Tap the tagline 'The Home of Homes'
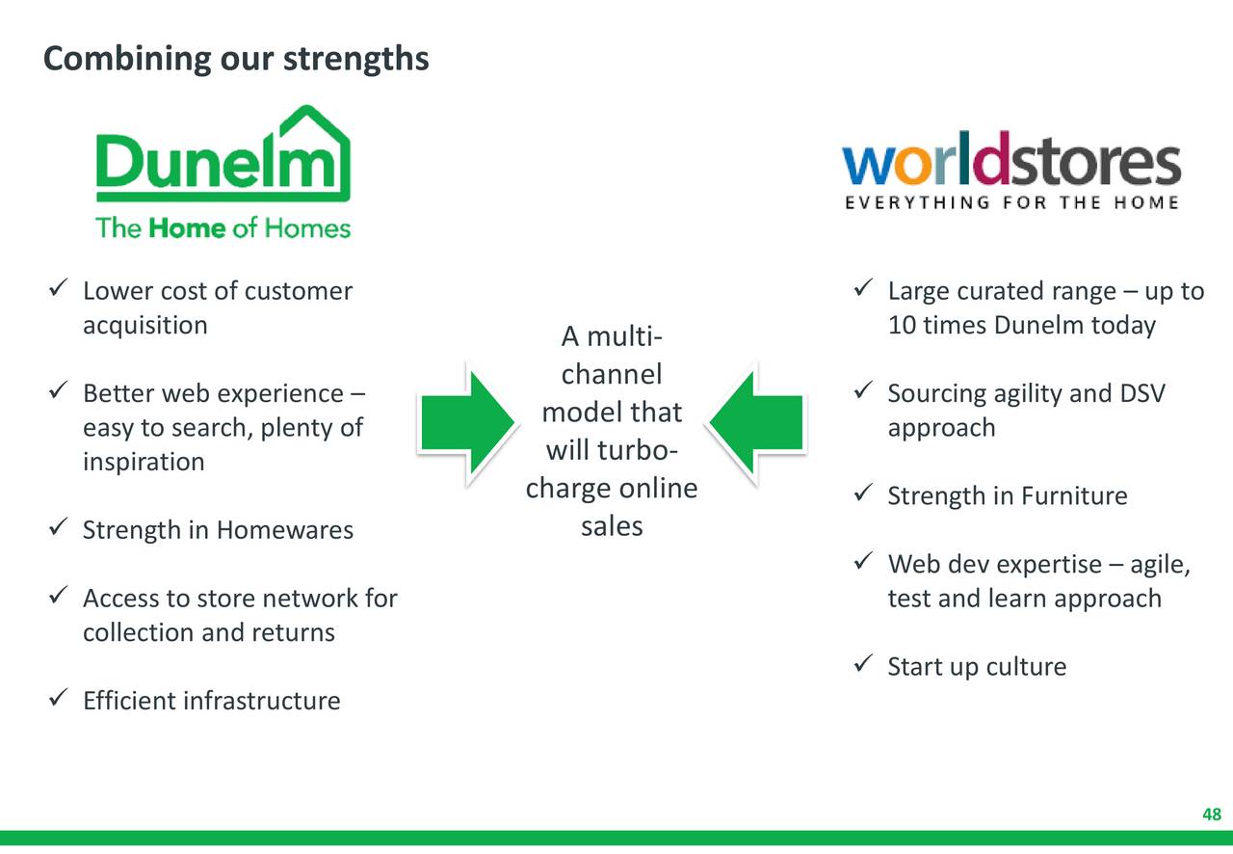click(223, 228)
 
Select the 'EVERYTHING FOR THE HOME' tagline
click(1011, 202)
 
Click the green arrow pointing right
click(467, 422)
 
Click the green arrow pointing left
click(757, 422)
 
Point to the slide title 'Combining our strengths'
click(236, 59)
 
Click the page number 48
click(1212, 815)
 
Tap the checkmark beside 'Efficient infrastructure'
click(56, 699)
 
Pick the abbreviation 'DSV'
click(1142, 393)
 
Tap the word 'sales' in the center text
click(612, 526)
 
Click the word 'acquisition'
click(144, 325)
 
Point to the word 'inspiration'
click(144, 462)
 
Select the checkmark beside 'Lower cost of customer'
click(56, 289)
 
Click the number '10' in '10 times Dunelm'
click(902, 325)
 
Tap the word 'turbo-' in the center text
click(638, 450)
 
